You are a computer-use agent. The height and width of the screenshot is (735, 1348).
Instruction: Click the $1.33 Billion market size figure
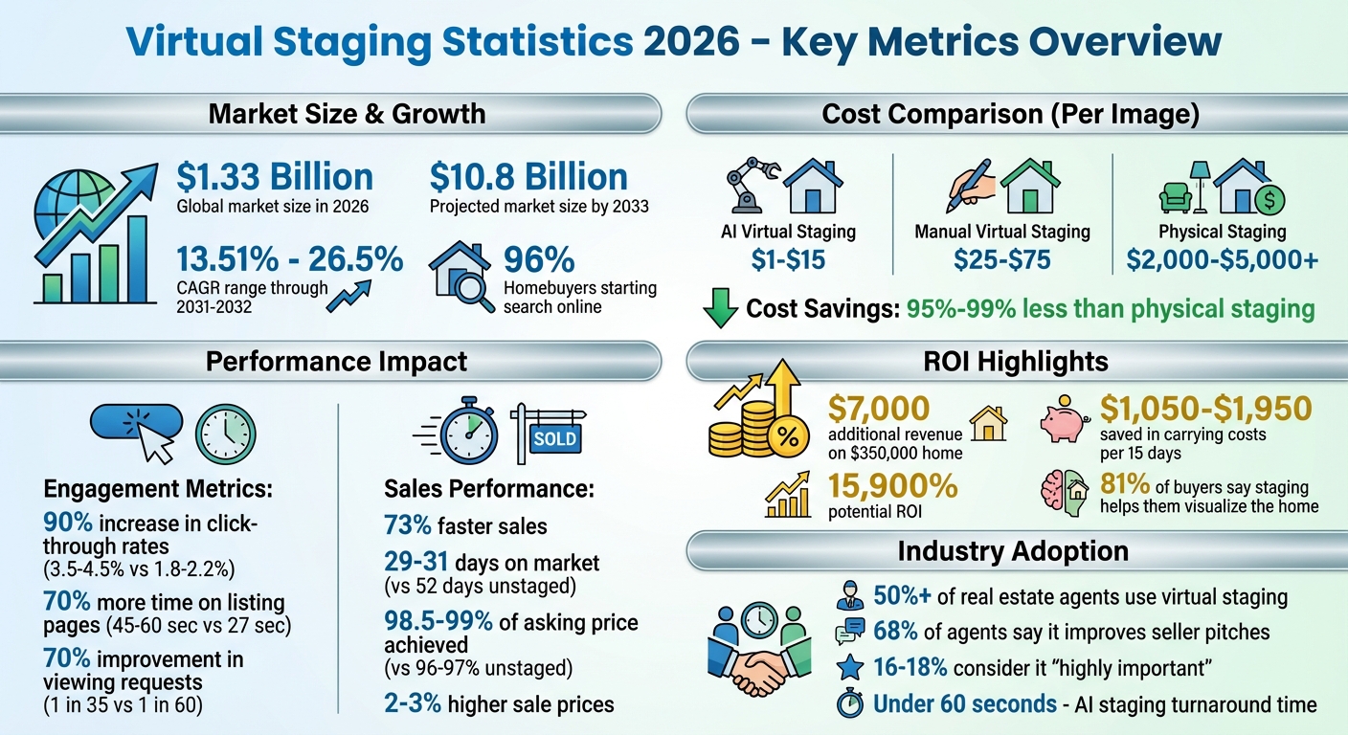point(275,177)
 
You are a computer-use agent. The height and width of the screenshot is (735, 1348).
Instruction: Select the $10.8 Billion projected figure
point(528,177)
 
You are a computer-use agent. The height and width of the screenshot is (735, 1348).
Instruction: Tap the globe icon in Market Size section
point(64,208)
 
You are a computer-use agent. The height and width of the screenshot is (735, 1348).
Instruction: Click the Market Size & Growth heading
point(347,114)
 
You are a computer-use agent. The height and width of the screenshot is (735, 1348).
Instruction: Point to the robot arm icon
point(748,188)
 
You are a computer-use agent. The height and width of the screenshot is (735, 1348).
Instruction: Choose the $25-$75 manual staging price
point(1001,258)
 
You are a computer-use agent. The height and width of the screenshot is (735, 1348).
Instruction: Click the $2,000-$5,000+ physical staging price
point(1222,258)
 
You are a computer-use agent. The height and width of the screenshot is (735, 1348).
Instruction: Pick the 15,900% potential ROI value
point(892,486)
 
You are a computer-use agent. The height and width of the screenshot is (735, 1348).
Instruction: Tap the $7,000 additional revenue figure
point(878,410)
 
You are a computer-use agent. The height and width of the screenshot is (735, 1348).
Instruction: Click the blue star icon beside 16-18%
point(848,667)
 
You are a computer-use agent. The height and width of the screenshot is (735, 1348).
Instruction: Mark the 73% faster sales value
point(408,524)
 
